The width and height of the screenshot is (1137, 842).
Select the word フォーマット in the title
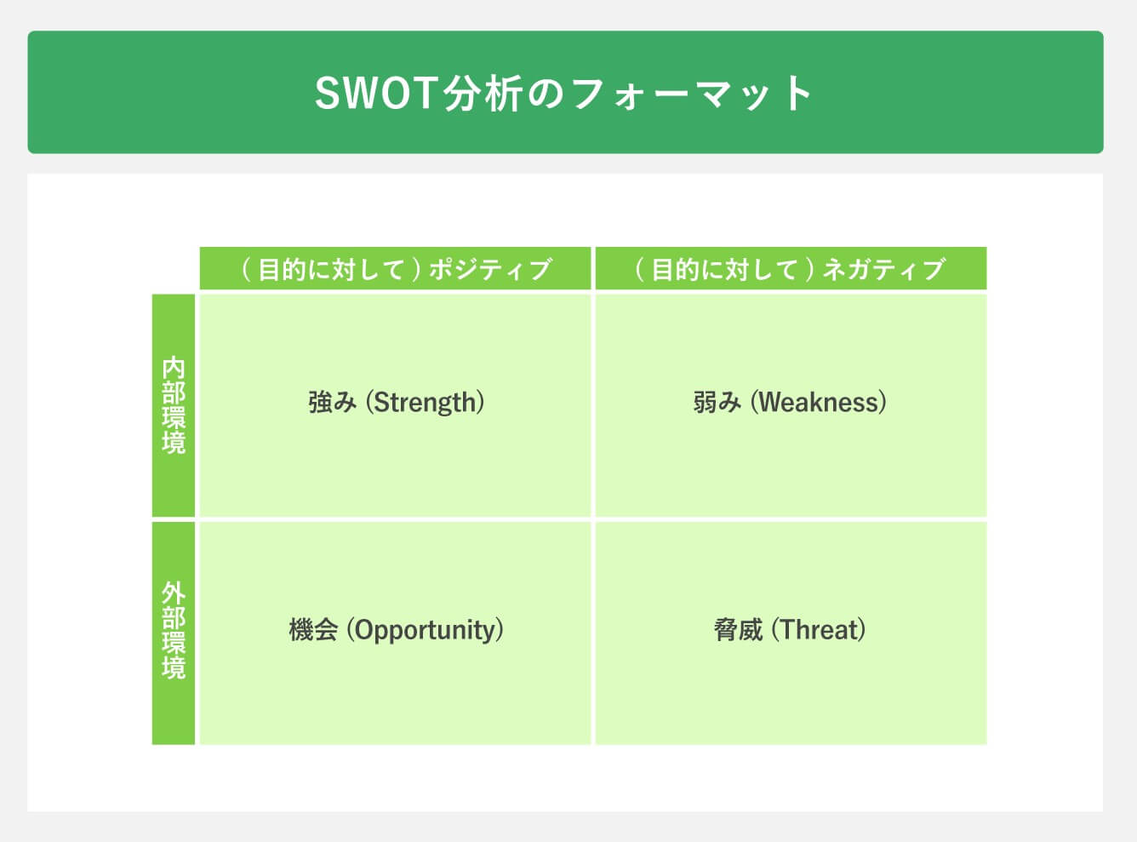(x=691, y=93)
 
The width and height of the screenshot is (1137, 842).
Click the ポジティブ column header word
(x=490, y=270)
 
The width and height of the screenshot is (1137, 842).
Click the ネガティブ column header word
(x=884, y=270)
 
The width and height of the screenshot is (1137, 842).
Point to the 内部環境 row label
(x=174, y=405)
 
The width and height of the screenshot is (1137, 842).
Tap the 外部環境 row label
(x=174, y=630)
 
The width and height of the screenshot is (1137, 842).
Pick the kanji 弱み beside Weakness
(x=717, y=402)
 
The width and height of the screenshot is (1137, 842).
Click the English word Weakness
(x=819, y=402)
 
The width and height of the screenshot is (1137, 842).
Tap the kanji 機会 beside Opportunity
(x=313, y=630)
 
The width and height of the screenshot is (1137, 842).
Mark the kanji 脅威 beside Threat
(x=738, y=630)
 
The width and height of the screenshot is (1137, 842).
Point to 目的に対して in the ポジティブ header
(x=331, y=270)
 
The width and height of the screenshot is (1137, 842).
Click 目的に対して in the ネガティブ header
(x=724, y=270)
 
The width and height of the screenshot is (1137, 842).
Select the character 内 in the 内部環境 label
(x=174, y=368)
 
